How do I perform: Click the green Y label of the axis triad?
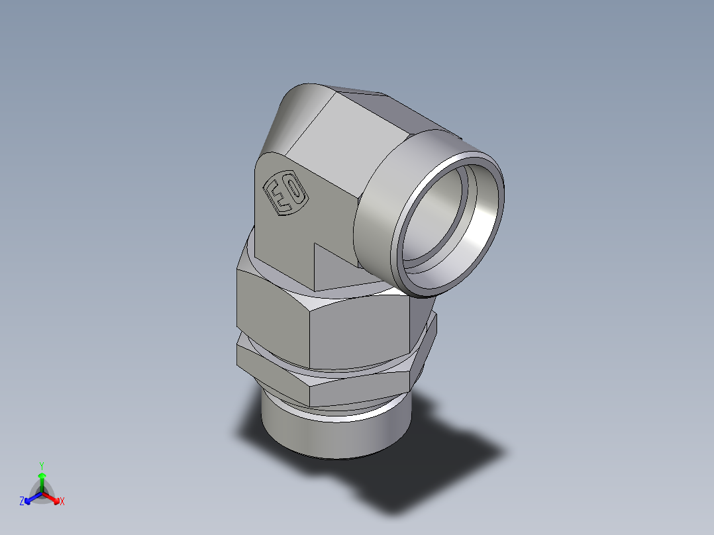[x=41, y=465]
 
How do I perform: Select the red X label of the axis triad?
[x=62, y=502]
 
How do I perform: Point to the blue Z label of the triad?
[x=22, y=502]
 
